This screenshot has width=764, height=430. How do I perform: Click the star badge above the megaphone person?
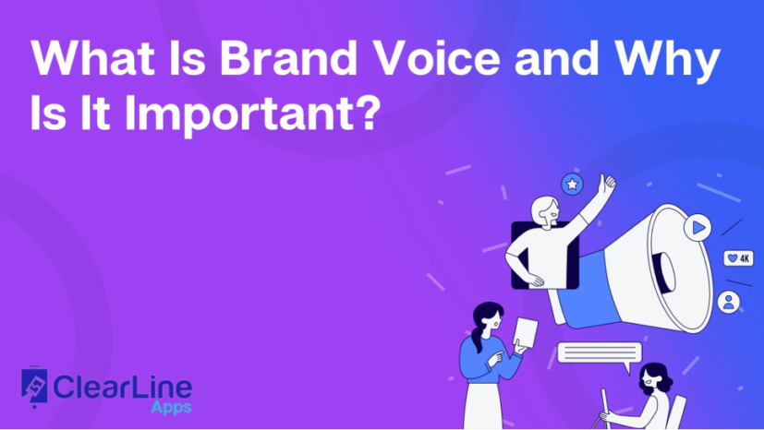(x=573, y=185)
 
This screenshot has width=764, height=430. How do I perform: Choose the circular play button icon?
(x=697, y=226)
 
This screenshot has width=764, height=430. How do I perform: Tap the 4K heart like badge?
(x=738, y=258)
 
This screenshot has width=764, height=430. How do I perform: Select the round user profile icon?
(x=729, y=302)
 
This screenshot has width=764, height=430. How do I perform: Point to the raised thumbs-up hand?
(x=608, y=182)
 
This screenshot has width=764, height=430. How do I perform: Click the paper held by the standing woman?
(x=527, y=332)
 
